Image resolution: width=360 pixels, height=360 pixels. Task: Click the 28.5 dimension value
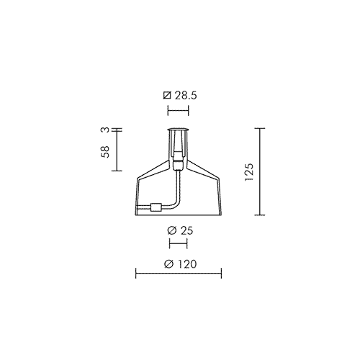coord(186,96)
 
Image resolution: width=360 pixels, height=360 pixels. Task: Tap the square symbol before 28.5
coord(167,96)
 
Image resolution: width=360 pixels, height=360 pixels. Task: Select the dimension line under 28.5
coord(178,111)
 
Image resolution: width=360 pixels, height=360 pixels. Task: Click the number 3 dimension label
coord(106,130)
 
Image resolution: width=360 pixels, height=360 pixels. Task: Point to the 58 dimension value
coord(105,152)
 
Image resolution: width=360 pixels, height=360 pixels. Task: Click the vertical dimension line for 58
coord(117,150)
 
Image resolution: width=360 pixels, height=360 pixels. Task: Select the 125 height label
coord(249,172)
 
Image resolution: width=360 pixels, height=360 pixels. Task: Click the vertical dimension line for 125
coord(260,171)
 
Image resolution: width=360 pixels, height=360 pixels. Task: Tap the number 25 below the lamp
coord(186,230)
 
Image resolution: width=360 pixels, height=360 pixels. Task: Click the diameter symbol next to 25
coord(172,230)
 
